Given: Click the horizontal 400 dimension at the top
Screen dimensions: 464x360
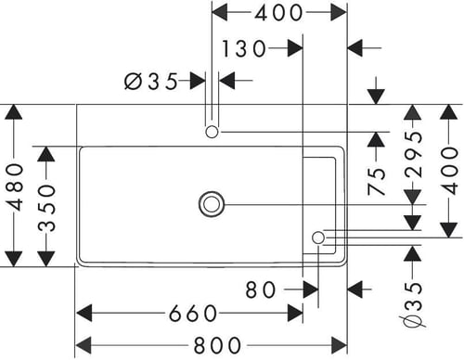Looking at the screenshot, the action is tap(278, 13).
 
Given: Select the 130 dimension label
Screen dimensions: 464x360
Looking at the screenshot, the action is tap(244, 48).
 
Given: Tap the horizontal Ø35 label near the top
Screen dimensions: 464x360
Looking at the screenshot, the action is tap(151, 82).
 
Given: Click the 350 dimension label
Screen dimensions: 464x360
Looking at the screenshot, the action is tap(46, 208).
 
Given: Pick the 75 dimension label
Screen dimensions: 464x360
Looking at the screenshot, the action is tap(377, 182).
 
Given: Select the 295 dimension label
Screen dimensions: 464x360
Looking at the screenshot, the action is tap(413, 155).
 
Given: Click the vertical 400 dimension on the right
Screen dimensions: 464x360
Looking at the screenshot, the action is tap(449, 171).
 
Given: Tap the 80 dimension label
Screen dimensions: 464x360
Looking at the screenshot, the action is tap(260, 290).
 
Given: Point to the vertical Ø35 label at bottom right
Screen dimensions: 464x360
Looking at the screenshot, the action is tap(413, 304).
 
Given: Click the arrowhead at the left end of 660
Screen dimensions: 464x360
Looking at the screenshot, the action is tap(84, 314).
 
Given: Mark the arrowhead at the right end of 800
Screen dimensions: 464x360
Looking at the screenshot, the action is tap(339, 345).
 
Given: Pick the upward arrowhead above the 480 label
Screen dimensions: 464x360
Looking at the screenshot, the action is tap(14, 112).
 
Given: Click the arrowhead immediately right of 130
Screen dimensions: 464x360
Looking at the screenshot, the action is tap(295, 48).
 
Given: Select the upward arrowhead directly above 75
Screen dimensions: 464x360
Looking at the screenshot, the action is tap(376, 139).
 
